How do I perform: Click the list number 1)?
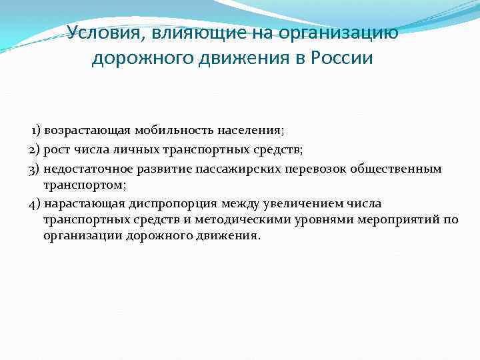point(37,129)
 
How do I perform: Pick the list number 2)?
point(35,149)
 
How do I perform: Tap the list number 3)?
point(35,169)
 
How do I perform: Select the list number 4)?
point(35,203)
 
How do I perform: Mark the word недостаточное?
point(86,169)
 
